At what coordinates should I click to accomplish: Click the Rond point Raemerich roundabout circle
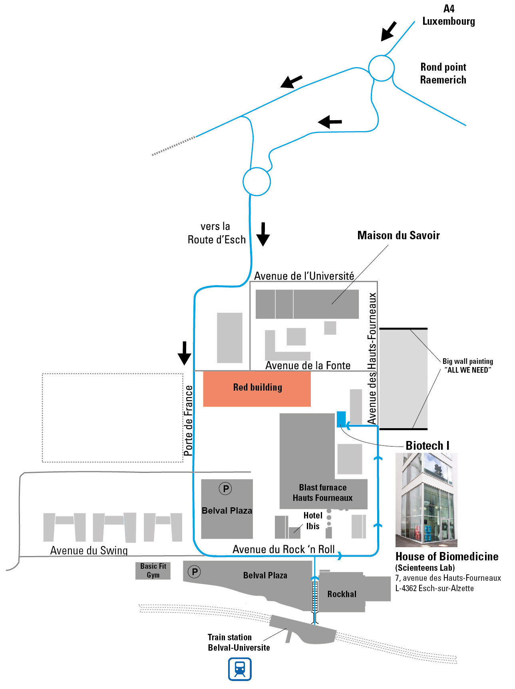pos(381,68)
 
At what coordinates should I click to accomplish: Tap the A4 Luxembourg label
pos(449,15)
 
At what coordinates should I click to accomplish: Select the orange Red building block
pos(257,389)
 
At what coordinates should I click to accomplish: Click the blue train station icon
pos(240,669)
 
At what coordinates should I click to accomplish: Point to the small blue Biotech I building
pos(341,419)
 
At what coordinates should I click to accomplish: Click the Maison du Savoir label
pos(398,235)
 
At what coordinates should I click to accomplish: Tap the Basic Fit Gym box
pos(153,570)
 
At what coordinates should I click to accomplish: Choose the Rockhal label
pos(342,594)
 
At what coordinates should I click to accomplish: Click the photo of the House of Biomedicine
pos(426,500)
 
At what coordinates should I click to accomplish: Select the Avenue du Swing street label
pos(89,550)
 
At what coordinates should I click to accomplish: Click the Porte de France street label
pos(188,421)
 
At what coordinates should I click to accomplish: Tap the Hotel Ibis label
pos(312,521)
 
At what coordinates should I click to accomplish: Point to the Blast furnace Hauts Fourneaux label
pos(322,492)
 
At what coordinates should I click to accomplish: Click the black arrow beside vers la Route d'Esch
pos(263,234)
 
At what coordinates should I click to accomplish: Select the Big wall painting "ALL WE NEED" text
pos(467,365)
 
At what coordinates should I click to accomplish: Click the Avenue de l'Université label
pos(304,276)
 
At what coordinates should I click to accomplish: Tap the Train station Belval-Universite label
pos(239,642)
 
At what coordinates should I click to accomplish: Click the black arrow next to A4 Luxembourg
pos(388,31)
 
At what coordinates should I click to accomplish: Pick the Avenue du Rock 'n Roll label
pos(284,549)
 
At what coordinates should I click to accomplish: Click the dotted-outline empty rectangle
pos(113,418)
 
